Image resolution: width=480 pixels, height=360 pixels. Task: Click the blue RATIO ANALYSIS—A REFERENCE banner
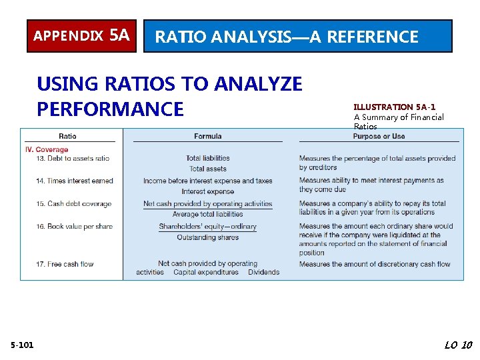point(298,36)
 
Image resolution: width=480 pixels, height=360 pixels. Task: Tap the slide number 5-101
point(23,345)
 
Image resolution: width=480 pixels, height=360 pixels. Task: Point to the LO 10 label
point(457,345)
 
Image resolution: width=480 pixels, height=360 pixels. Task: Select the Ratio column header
point(67,137)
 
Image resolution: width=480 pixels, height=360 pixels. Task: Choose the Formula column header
point(207,137)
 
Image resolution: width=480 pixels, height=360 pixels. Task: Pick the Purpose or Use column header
point(379,137)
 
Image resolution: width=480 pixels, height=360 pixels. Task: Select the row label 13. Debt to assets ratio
point(73,159)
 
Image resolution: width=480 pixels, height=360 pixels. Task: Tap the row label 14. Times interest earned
point(75,181)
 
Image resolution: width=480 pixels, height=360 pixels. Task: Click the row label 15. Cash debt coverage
point(73,204)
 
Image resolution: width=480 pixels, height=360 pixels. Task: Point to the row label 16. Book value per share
point(74,227)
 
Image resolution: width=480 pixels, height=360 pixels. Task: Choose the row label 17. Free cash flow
point(65,264)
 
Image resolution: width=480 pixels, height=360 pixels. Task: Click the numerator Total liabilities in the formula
point(207,159)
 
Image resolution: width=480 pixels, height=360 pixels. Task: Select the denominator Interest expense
point(207,192)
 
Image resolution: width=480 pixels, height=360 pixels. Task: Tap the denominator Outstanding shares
point(207,237)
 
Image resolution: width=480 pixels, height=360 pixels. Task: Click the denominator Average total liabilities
point(207,215)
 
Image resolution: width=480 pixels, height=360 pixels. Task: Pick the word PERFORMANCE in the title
point(110,109)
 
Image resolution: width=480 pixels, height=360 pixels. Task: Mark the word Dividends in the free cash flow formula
point(263,272)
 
